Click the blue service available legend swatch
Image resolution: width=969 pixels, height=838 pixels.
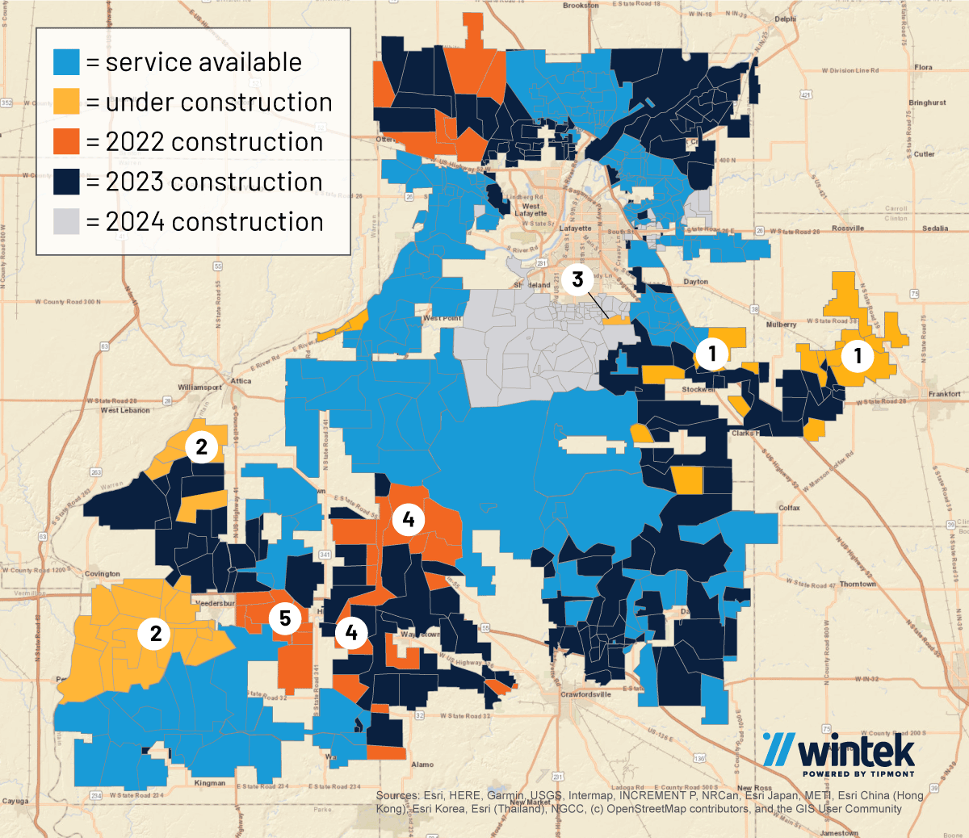pyautogui.click(x=66, y=62)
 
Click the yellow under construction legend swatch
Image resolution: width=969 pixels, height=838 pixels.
pyautogui.click(x=66, y=102)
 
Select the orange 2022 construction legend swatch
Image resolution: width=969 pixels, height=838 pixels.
pyautogui.click(x=66, y=142)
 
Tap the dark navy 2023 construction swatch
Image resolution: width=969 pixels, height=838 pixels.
pyautogui.click(x=66, y=182)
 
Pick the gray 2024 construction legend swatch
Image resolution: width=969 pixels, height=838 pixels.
pyautogui.click(x=66, y=221)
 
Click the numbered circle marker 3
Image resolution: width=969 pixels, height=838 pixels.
pyautogui.click(x=577, y=279)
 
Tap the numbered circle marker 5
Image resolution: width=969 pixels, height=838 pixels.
pyautogui.click(x=285, y=618)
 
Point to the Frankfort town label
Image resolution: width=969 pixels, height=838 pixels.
pyautogui.click(x=944, y=394)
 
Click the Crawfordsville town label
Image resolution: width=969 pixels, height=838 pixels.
pyautogui.click(x=586, y=694)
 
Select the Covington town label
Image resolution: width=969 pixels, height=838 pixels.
pyautogui.click(x=103, y=574)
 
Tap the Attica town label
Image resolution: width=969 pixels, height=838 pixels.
pyautogui.click(x=241, y=381)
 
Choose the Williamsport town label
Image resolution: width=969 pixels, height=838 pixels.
pyautogui.click(x=199, y=388)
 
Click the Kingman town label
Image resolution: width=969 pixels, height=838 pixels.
pyautogui.click(x=210, y=783)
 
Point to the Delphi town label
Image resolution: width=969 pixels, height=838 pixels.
pyautogui.click(x=785, y=19)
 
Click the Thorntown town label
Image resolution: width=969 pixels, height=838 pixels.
pyautogui.click(x=857, y=584)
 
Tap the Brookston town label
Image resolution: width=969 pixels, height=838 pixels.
pyautogui.click(x=581, y=6)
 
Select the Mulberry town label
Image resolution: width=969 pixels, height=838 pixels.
pyautogui.click(x=781, y=325)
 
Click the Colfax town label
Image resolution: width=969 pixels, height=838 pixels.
pyautogui.click(x=789, y=508)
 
